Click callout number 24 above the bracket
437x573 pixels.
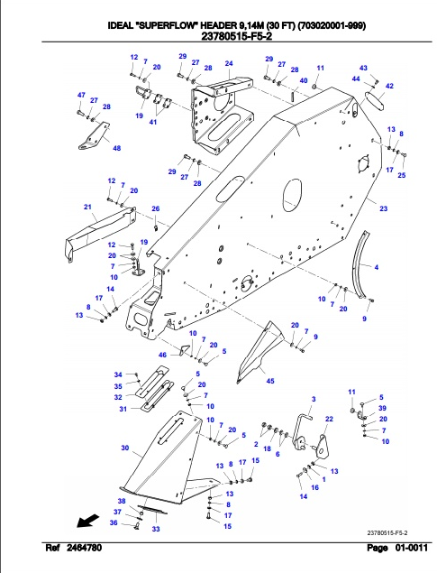(x=229, y=63)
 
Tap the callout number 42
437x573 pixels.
(x=389, y=86)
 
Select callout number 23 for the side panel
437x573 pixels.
(x=383, y=208)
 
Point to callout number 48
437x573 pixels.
(x=117, y=148)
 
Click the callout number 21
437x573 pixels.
(x=87, y=207)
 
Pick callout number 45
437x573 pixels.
(x=270, y=381)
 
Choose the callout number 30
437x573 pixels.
(x=124, y=448)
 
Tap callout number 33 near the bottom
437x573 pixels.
(x=156, y=529)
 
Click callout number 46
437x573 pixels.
(x=162, y=355)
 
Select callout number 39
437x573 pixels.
(x=382, y=408)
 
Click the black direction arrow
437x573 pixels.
(x=88, y=521)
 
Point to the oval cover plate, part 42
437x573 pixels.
(x=374, y=100)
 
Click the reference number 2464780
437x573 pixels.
(x=84, y=548)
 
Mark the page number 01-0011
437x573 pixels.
(x=411, y=548)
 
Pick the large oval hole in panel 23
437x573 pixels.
(x=293, y=196)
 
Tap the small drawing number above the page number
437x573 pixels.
(x=387, y=532)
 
